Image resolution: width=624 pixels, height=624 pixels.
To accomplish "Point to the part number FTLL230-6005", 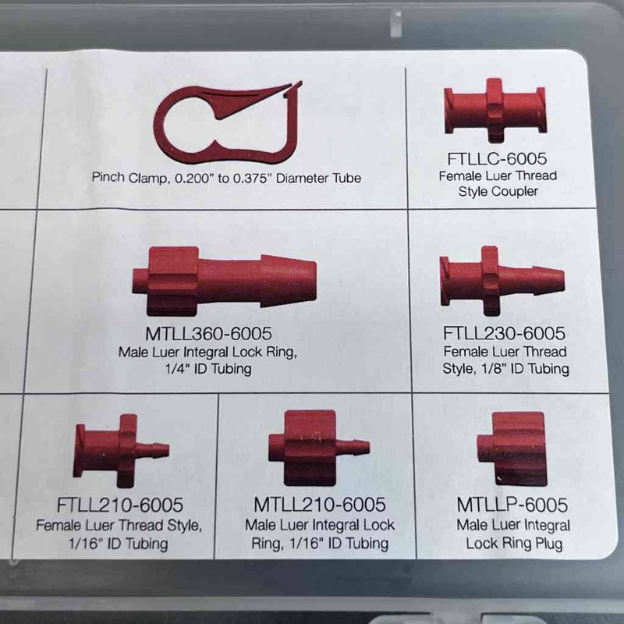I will (504, 334).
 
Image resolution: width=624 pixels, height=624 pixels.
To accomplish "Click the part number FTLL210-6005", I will (119, 505).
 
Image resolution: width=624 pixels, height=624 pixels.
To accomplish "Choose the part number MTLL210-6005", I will (320, 505).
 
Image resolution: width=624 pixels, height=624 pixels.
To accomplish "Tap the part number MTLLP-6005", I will (512, 505).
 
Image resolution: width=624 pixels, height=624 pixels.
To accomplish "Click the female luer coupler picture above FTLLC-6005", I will (495, 110).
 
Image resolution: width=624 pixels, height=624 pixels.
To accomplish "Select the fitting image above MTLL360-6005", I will (224, 279).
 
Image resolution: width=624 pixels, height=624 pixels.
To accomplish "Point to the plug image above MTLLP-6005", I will (511, 448).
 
